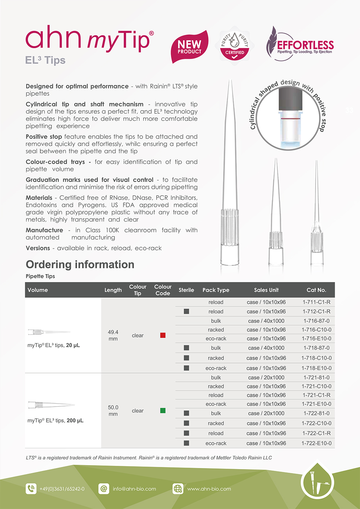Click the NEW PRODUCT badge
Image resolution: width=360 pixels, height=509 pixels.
pyautogui.click(x=189, y=47)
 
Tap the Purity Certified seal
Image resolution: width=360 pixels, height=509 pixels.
pyautogui.click(x=234, y=44)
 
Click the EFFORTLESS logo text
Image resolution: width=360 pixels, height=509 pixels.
pyautogui.click(x=305, y=45)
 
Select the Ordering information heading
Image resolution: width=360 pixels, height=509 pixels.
pyautogui.click(x=80, y=264)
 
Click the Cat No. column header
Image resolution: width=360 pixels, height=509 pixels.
pyautogui.click(x=316, y=290)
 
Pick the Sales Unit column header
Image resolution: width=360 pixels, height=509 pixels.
pyautogui.click(x=266, y=290)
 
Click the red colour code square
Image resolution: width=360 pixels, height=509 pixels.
pyautogui.click(x=163, y=335)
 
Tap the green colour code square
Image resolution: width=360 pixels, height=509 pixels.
pyautogui.click(x=163, y=410)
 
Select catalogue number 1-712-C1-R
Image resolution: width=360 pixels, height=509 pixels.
pyautogui.click(x=316, y=312)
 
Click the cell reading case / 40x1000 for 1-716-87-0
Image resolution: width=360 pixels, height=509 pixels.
pyautogui.click(x=266, y=321)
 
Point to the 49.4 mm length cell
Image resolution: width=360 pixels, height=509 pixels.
pyautogui.click(x=113, y=335)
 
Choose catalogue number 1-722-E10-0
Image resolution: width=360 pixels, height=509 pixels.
pyautogui.click(x=316, y=443)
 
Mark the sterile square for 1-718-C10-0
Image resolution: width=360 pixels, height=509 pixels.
pyautogui.click(x=186, y=358)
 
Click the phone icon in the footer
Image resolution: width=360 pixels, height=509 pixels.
pyautogui.click(x=31, y=488)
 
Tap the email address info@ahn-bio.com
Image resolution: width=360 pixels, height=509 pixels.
pyautogui.click(x=134, y=489)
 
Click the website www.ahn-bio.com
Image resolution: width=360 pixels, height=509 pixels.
pyautogui.click(x=209, y=489)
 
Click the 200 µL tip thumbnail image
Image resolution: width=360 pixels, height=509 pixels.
pyautogui.click(x=51, y=405)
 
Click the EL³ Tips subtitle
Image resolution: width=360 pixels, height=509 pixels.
pyautogui.click(x=45, y=60)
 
